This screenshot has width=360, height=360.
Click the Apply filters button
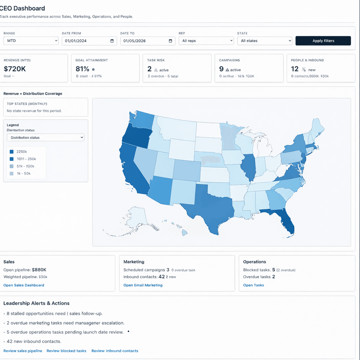tap(323, 41)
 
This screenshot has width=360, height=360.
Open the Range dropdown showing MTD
tap(31, 41)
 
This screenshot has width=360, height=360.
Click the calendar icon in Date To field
tap(170, 41)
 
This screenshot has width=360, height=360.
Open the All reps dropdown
tap(206, 41)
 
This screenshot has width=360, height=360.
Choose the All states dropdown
tap(264, 41)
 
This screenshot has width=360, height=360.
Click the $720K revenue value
tap(15, 69)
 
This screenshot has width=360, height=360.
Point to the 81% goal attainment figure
tap(82, 69)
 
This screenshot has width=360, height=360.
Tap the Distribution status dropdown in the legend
tap(46, 137)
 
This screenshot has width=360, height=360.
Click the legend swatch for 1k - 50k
tap(12, 174)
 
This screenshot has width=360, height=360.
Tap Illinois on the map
tap(249, 167)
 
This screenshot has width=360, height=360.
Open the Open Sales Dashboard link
tap(24, 285)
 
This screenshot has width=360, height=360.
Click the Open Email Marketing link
tap(143, 285)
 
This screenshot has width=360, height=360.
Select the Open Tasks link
tap(253, 285)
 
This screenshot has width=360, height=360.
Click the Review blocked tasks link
tap(66, 351)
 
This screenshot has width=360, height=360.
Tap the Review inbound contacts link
tap(115, 351)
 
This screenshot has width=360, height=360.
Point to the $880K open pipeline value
tap(39, 270)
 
